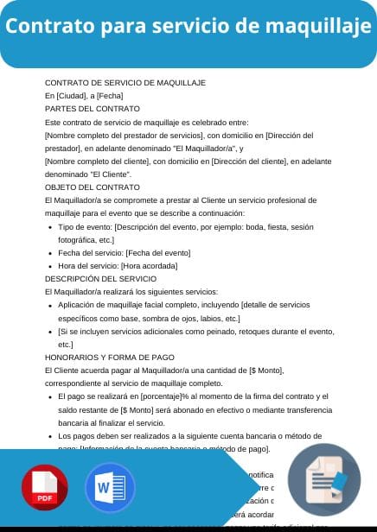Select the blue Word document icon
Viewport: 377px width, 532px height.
tap(110, 488)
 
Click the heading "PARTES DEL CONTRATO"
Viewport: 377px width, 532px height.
tap(92, 109)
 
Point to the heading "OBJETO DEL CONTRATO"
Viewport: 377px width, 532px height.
tap(92, 187)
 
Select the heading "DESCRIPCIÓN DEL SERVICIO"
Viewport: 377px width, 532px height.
tap(100, 279)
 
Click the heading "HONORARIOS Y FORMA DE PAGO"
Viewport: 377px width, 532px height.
tap(109, 357)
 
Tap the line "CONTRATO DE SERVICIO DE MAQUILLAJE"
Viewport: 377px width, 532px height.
tap(125, 82)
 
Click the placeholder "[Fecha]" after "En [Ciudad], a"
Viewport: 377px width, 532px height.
tap(110, 96)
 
